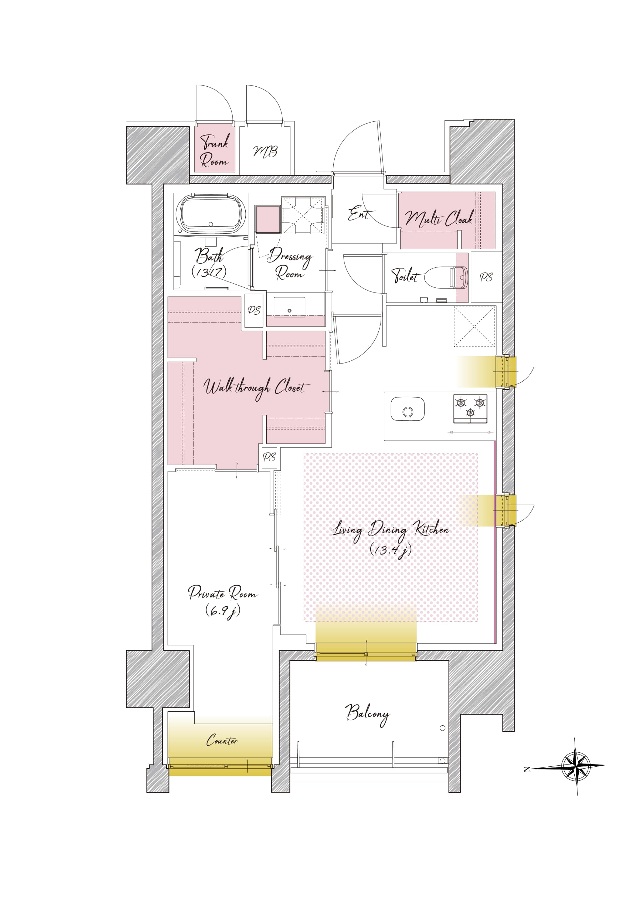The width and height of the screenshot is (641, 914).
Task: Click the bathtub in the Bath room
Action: [x=211, y=213]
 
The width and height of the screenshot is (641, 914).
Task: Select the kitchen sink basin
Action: [x=407, y=409]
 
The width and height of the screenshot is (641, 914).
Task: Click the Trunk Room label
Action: [x=215, y=150]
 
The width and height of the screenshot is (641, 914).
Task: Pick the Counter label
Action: [x=222, y=740]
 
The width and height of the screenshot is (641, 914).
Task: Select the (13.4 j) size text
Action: [x=390, y=550]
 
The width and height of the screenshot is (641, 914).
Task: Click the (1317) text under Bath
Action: [x=209, y=272]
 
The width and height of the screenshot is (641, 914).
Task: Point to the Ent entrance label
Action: [x=360, y=214]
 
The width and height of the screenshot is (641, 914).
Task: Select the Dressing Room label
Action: [x=290, y=263]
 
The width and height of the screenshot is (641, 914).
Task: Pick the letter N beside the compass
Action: [x=527, y=769]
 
